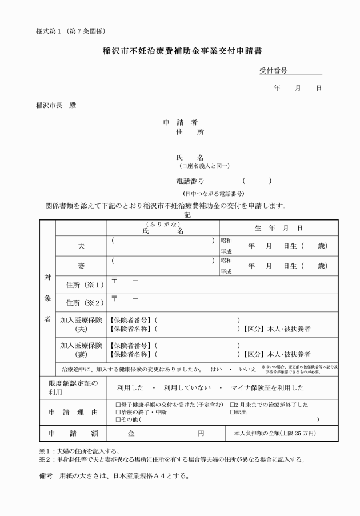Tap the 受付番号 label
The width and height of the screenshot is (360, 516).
click(x=273, y=71)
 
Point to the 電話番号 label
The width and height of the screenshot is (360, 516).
click(x=190, y=181)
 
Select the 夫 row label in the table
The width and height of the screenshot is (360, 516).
click(x=81, y=246)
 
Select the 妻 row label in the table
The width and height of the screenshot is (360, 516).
click(x=81, y=266)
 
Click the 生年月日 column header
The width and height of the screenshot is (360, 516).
click(x=278, y=228)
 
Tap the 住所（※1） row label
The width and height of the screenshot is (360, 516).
click(x=81, y=285)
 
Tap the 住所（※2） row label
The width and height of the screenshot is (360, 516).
click(x=81, y=303)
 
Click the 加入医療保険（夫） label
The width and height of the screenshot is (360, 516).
click(x=81, y=325)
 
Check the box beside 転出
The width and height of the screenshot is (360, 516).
click(x=231, y=411)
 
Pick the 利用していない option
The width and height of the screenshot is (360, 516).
click(x=186, y=387)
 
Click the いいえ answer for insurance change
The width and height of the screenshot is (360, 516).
click(x=247, y=369)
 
